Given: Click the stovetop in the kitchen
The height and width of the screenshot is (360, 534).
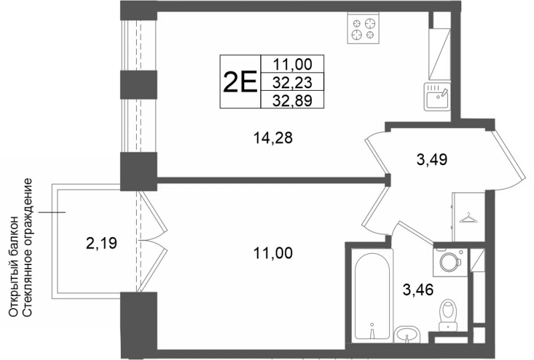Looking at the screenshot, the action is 363,28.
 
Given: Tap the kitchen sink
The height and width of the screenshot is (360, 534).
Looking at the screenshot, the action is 437,96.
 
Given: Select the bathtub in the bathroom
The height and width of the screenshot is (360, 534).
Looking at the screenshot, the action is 372,295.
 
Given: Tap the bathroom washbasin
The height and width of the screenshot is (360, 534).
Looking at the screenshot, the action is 408,335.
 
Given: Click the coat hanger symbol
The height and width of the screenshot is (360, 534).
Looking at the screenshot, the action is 469,218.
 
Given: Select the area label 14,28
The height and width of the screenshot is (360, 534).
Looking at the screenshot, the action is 273,138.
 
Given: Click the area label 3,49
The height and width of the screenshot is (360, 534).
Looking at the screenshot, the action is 431,159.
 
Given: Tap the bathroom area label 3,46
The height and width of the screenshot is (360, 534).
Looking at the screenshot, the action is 418,290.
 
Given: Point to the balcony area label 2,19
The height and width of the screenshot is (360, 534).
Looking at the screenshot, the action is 101,243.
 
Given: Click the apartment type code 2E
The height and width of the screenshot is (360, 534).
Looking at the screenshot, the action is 240,81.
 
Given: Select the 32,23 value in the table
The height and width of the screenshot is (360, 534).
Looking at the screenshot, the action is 292,82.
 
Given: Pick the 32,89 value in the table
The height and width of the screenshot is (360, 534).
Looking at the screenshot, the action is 292,100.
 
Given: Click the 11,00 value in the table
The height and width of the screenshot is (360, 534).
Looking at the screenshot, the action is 292,64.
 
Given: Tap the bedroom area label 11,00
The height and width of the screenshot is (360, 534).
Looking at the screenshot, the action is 273,253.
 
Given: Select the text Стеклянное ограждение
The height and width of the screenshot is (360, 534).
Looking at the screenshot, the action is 28,247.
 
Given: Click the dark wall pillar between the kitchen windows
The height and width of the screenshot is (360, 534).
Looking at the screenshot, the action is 139,85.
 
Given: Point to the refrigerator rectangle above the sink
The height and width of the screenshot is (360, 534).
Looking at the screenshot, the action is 440,54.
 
